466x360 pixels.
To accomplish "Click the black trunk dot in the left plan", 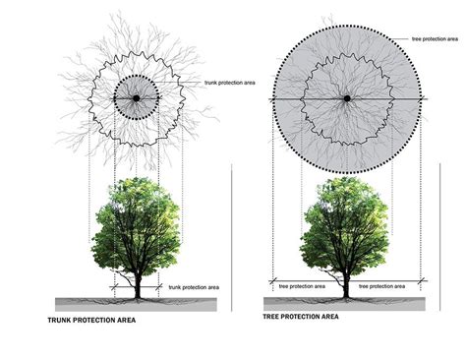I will (x=136, y=98).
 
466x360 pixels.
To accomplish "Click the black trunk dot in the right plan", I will (x=346, y=98).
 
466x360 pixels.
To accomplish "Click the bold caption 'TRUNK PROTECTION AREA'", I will (x=92, y=321).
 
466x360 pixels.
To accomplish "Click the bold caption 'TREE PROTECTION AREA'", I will (x=301, y=317).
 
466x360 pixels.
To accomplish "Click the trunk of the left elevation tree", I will (x=137, y=283).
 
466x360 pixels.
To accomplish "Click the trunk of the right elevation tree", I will (x=347, y=283).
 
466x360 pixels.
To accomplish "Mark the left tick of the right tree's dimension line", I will (x=272, y=281).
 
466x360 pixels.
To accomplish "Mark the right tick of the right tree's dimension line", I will (x=422, y=281).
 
